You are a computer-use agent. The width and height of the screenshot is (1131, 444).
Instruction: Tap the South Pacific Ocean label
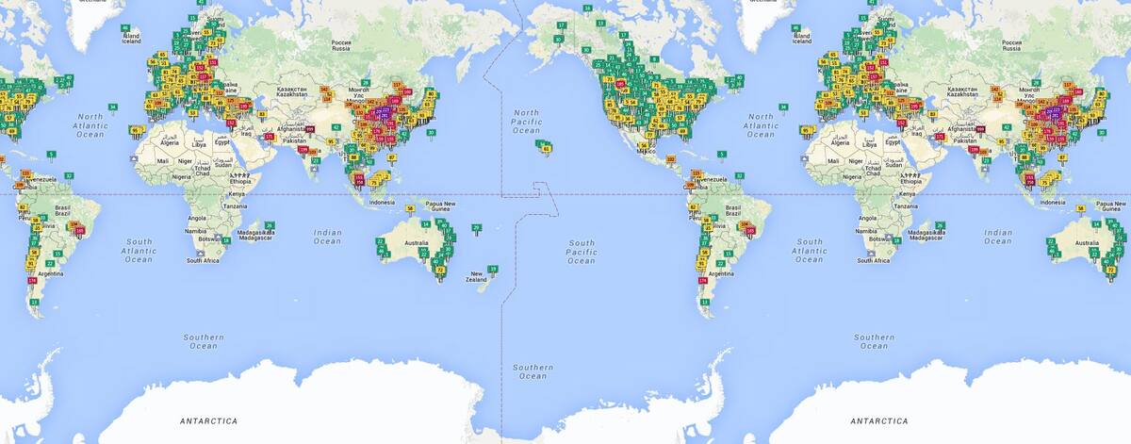pyautogui.click(x=581, y=251)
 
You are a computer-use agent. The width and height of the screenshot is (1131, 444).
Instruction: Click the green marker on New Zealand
pyautogui.click(x=493, y=269)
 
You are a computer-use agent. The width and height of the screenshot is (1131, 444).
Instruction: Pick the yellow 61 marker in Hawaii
pyautogui.click(x=547, y=148)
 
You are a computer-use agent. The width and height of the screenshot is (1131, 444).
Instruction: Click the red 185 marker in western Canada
pyautogui.click(x=620, y=84)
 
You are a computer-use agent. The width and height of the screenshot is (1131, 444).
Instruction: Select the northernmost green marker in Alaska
pyautogui.click(x=587, y=8)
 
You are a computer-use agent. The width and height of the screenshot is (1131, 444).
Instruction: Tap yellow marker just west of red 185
pyautogui.click(x=612, y=84)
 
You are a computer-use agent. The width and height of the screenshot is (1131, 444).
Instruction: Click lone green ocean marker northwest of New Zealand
pyautogui.click(x=477, y=227)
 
